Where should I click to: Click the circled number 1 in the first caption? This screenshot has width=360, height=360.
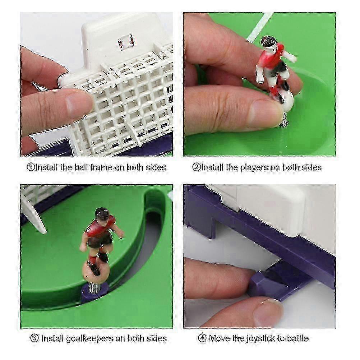click(x=31, y=167)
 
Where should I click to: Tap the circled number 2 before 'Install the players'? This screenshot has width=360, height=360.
click(x=196, y=167)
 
